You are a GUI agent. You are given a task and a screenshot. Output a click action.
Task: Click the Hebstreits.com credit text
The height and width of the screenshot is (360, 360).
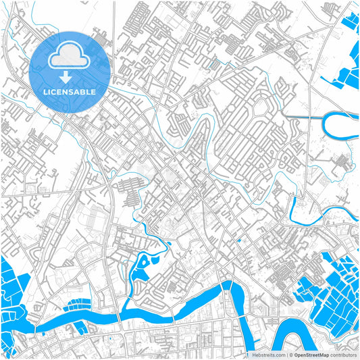[x=268, y=355]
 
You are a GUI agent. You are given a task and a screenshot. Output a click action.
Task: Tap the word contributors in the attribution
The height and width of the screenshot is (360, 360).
[x=344, y=355]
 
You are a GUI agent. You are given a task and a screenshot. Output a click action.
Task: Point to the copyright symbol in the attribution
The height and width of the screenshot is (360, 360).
[x=292, y=355]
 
